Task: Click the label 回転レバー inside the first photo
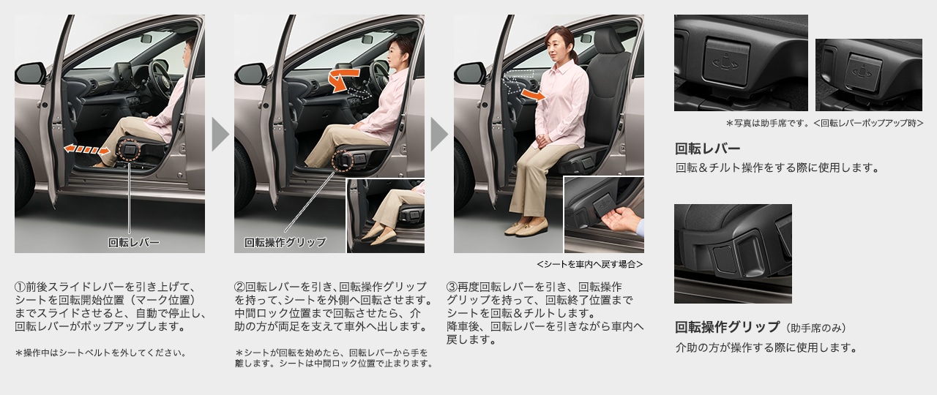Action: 133,242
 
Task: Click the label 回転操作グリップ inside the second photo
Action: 285,242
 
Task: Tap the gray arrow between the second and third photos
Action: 439,135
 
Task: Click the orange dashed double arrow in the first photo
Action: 86,149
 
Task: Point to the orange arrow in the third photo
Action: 535,94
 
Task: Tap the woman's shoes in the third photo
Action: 525,229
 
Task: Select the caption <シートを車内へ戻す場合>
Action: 589,264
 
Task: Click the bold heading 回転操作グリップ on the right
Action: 727,327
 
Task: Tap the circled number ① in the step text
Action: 20,286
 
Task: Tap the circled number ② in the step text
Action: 239,286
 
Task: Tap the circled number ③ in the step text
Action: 452,286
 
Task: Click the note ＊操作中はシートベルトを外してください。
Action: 100,353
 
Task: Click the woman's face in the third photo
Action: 561,43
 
